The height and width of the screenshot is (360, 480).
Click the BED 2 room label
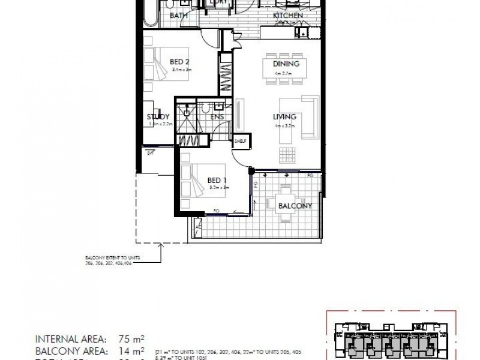pyautogui.click(x=180, y=61)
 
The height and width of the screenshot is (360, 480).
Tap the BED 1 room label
pyautogui.click(x=216, y=179)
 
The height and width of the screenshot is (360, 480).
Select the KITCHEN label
pyautogui.click(x=287, y=16)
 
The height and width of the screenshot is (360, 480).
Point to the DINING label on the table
pyautogui.click(x=286, y=65)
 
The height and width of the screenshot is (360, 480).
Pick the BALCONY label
pyautogui.click(x=295, y=206)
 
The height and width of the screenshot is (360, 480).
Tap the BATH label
pyautogui.click(x=179, y=16)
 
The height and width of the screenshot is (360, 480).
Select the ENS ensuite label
pyautogui.click(x=217, y=116)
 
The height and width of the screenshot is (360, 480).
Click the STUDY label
pyautogui.click(x=159, y=116)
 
